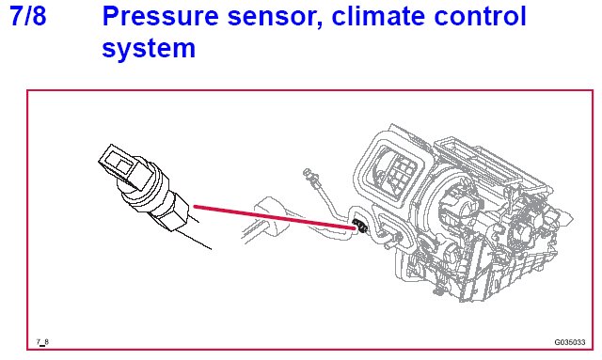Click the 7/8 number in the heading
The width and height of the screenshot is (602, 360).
(x=28, y=16)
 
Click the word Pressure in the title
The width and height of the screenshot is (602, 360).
(x=160, y=16)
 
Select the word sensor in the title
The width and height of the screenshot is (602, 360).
(x=275, y=17)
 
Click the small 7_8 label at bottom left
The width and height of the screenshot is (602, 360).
(x=42, y=341)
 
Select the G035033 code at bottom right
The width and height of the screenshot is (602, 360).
(x=570, y=342)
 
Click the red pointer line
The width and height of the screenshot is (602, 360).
(x=274, y=218)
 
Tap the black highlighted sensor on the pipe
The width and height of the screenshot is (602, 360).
(x=360, y=226)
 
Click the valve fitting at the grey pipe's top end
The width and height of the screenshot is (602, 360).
(x=310, y=176)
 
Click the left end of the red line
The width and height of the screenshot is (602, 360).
(x=195, y=207)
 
